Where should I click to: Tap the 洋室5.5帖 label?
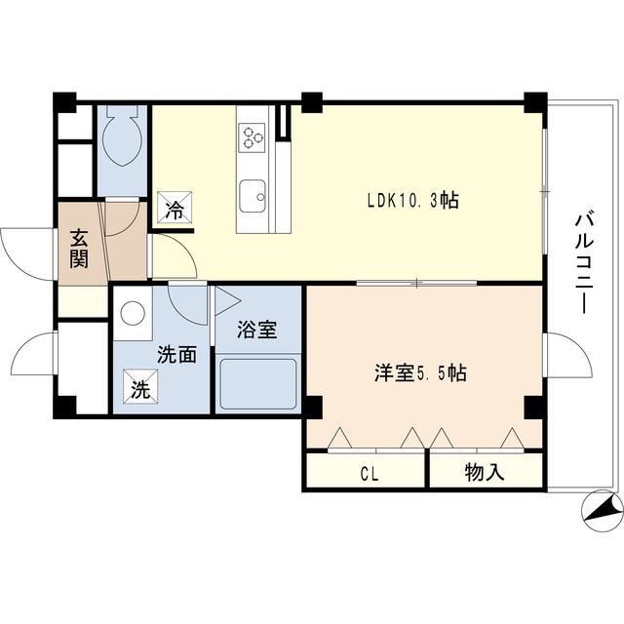420,372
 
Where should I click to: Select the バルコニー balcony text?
582,258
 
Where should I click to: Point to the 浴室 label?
257,330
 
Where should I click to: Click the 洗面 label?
177,354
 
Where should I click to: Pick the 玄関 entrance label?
78,248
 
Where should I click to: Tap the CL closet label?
369,475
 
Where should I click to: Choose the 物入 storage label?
485,474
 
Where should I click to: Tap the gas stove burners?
254,136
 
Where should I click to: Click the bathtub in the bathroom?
257,384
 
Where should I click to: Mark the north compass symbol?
599,510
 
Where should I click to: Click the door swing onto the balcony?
569,355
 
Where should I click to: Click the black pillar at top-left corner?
64,100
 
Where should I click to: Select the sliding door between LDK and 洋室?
416,284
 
